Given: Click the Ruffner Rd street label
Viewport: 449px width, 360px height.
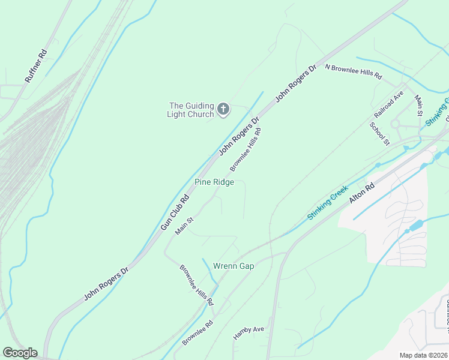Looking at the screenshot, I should pyautogui.click(x=35, y=67).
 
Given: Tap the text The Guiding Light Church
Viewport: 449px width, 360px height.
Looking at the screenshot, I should pyautogui.click(x=190, y=110).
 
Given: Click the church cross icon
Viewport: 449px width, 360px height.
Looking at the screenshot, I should pyautogui.click(x=223, y=109).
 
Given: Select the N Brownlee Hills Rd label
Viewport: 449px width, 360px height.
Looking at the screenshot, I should pyautogui.click(x=353, y=72).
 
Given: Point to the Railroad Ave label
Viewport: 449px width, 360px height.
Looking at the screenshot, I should pyautogui.click(x=389, y=107).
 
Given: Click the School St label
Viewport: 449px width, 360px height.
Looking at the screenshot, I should pyautogui.click(x=380, y=133).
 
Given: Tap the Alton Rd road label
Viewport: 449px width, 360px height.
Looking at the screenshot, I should pyautogui.click(x=362, y=196).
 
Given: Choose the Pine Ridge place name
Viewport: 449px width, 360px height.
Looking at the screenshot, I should pyautogui.click(x=214, y=182).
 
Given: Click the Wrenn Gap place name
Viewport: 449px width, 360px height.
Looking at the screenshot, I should pyautogui.click(x=234, y=266).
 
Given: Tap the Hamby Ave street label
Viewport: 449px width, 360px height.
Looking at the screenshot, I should pyautogui.click(x=249, y=334).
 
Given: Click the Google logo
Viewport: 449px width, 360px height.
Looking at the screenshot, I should pyautogui.click(x=20, y=353).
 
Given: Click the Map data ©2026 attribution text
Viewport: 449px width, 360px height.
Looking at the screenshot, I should pyautogui.click(x=423, y=355).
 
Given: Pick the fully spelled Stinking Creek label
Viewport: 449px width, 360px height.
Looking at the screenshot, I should pyautogui.click(x=328, y=203).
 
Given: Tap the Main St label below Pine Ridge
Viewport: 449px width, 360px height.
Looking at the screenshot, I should pyautogui.click(x=184, y=226).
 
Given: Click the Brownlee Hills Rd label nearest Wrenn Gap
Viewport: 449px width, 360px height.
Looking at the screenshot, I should pyautogui.click(x=196, y=285).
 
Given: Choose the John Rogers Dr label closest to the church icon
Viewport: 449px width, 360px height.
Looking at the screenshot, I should pyautogui.click(x=239, y=136).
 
